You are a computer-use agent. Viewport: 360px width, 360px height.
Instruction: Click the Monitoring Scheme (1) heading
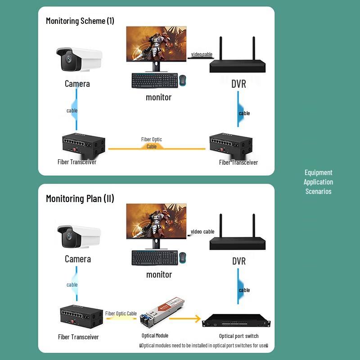[80, 21]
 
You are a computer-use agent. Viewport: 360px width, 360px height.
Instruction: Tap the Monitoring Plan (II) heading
[80, 198]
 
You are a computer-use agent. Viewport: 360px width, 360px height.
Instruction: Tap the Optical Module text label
[155, 336]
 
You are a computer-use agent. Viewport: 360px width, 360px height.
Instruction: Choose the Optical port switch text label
[238, 336]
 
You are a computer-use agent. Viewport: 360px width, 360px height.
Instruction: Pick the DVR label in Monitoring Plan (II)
[239, 261]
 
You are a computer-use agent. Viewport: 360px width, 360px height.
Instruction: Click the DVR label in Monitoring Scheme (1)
[239, 84]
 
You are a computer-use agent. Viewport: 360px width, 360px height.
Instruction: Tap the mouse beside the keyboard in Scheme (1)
[183, 80]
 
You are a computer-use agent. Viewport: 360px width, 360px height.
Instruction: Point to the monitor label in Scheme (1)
[158, 97]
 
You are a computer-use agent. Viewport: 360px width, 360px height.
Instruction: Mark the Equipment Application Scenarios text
[318, 182]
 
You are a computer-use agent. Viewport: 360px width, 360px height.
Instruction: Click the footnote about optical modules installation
[203, 346]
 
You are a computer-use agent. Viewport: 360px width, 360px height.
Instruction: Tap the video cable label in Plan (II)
[202, 232]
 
